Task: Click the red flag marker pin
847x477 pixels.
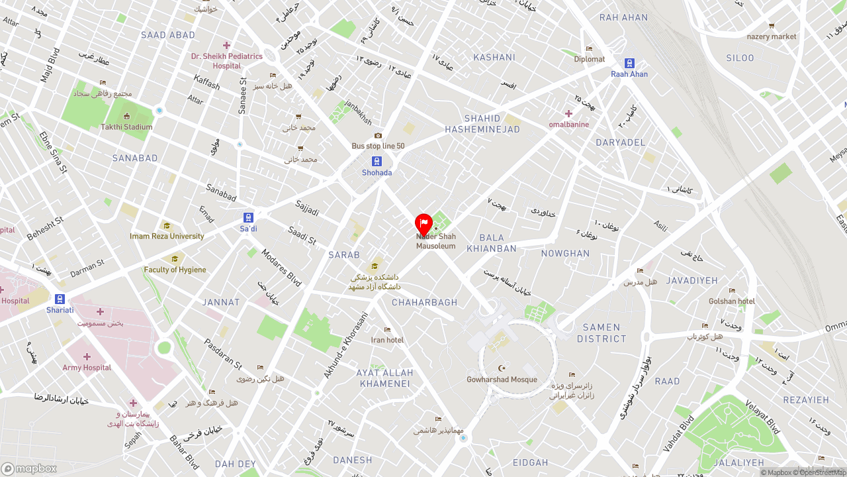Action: [x=423, y=225]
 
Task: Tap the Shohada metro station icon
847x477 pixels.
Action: [x=377, y=162]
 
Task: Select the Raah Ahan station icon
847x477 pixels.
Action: [x=629, y=64]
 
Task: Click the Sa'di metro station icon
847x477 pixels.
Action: [x=248, y=218]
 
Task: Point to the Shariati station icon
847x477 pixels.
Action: [x=60, y=299]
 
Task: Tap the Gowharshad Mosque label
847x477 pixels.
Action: [x=502, y=380]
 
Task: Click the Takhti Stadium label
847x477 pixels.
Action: [x=126, y=127]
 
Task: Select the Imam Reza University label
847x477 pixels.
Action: [x=167, y=236]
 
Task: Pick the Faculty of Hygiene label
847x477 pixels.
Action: [x=175, y=270]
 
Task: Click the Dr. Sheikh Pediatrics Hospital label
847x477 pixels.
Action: [x=226, y=61]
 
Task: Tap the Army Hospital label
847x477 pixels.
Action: [x=87, y=368]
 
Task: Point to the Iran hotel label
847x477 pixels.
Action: [x=387, y=340]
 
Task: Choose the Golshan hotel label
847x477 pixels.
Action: [x=731, y=301]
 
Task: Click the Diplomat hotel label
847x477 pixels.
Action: [x=589, y=59]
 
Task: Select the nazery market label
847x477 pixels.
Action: [x=772, y=36]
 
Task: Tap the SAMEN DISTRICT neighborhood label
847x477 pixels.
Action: [x=602, y=333]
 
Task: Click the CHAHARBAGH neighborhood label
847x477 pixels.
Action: [x=424, y=302]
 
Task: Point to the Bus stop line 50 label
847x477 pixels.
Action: [x=378, y=146]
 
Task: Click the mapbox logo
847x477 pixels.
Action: [x=29, y=468]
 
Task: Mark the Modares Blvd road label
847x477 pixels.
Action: [x=281, y=267]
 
